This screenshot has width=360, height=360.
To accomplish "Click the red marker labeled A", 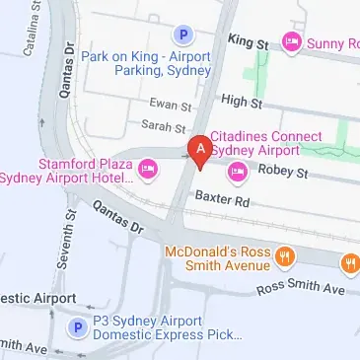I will click(201, 150).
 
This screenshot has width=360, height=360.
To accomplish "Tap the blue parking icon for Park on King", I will click(182, 36).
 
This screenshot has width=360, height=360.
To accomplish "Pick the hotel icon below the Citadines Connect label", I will click(237, 174).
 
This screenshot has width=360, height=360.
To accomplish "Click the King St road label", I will click(248, 42).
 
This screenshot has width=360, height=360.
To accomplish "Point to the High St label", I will click(241, 100).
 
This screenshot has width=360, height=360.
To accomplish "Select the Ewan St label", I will click(171, 105).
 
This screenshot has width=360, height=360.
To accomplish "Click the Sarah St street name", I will click(165, 127).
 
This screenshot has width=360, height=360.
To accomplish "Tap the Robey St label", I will click(284, 173).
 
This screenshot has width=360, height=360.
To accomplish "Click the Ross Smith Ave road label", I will click(301, 289).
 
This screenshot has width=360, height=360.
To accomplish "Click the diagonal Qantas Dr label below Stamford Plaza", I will click(118, 217).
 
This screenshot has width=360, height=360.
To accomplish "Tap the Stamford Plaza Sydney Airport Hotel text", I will click(67, 170).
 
